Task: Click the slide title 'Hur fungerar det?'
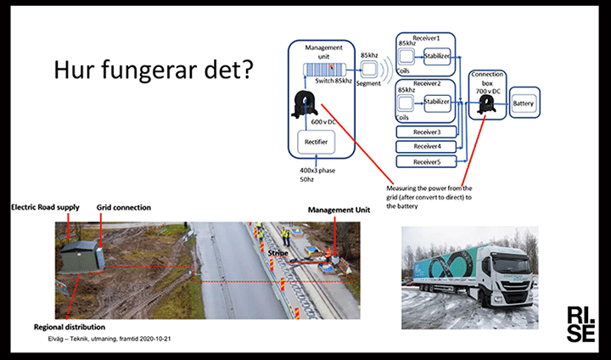pyautogui.click(x=153, y=69)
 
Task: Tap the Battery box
pyautogui.click(x=524, y=104)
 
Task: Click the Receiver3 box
pyautogui.click(x=427, y=132)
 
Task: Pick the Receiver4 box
pyautogui.click(x=427, y=147)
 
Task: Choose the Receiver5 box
pyautogui.click(x=427, y=161)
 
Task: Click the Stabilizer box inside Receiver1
pyautogui.click(x=436, y=56)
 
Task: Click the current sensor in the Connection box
pyautogui.click(x=487, y=104)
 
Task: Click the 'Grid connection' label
pyautogui.click(x=124, y=206)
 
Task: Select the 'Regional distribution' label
pyautogui.click(x=70, y=326)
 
